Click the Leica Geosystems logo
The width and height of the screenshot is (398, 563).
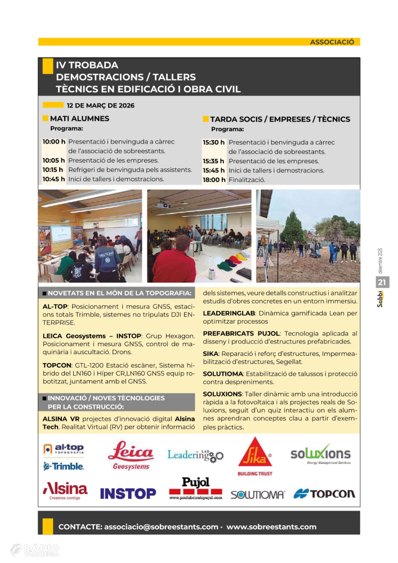pyautogui.click(x=131, y=455)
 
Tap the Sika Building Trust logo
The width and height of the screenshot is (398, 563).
pyautogui.click(x=254, y=457)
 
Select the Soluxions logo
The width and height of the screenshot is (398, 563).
pyautogui.click(x=320, y=455)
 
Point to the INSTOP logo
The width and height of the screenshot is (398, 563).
pyautogui.click(x=128, y=494)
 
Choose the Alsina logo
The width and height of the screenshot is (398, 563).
pyautogui.click(x=65, y=490)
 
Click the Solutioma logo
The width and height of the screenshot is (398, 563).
pyautogui.click(x=257, y=494)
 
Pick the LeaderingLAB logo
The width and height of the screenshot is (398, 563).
pyautogui.click(x=195, y=455)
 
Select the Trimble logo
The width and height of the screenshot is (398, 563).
pyautogui.click(x=64, y=466)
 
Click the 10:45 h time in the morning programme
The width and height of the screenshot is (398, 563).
pyautogui.click(x=54, y=180)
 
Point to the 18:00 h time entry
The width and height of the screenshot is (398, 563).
pyautogui.click(x=214, y=180)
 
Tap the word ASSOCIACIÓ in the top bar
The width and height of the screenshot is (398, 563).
pyautogui.click(x=332, y=42)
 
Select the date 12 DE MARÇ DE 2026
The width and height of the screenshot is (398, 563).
pyautogui.click(x=100, y=105)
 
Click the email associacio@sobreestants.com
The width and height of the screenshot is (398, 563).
pyautogui.click(x=161, y=527)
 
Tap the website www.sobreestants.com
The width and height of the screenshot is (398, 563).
pyautogui.click(x=271, y=527)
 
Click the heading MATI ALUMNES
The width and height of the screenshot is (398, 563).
pyautogui.click(x=79, y=119)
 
